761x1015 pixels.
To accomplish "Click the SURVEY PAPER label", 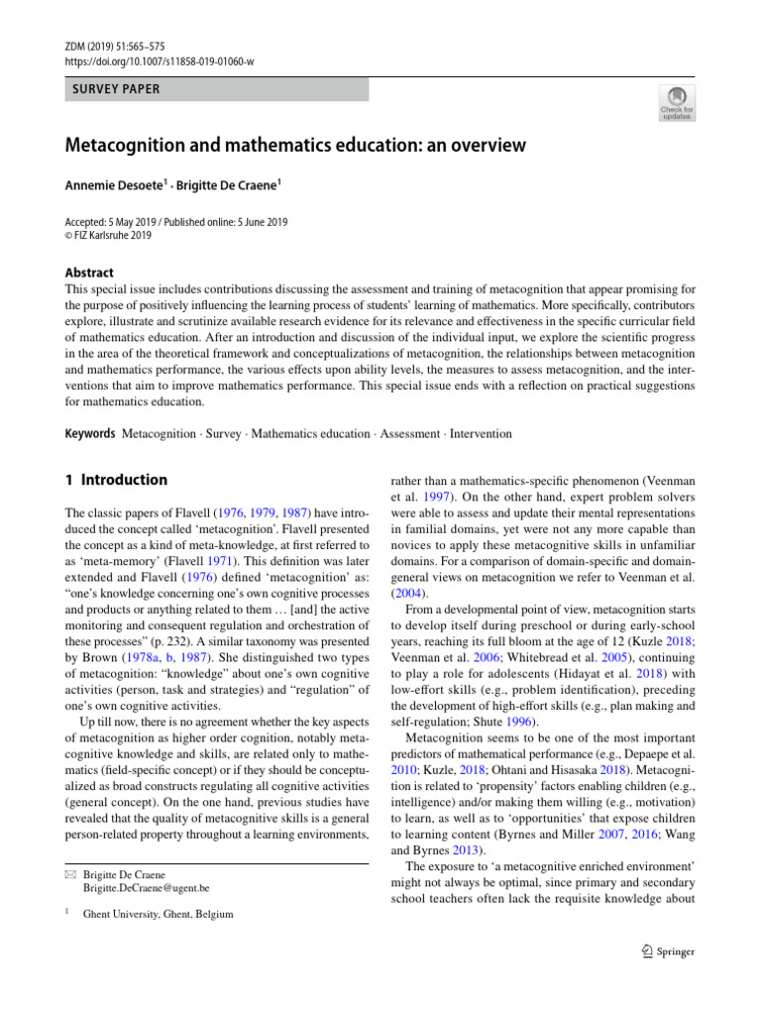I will (112, 89).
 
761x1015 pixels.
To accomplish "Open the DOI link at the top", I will (159, 61).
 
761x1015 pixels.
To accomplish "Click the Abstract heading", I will (89, 273).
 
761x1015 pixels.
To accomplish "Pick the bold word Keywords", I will (90, 434).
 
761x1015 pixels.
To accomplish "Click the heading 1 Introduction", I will (116, 480).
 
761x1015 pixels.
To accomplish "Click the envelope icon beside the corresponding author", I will (71, 874).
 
